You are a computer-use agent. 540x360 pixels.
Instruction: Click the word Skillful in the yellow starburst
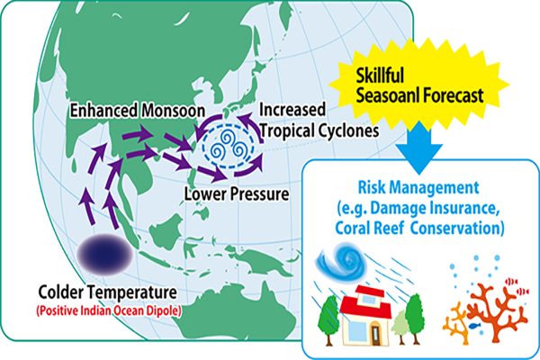click(x=380, y=75)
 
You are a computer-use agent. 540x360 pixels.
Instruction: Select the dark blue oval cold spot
click(x=104, y=254)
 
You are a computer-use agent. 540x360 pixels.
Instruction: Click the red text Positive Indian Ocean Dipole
click(x=109, y=310)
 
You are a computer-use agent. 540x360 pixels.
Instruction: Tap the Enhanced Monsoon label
click(x=138, y=111)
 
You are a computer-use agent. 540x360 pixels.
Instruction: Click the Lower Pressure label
click(x=237, y=194)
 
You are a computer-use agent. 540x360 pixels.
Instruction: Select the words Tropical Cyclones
click(x=319, y=130)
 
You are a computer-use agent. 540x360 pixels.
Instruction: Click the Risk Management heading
click(x=418, y=187)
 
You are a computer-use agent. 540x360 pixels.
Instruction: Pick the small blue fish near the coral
click(x=474, y=325)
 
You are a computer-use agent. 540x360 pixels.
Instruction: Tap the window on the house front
click(x=355, y=331)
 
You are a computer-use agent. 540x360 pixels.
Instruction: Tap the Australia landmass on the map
click(x=241, y=310)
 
